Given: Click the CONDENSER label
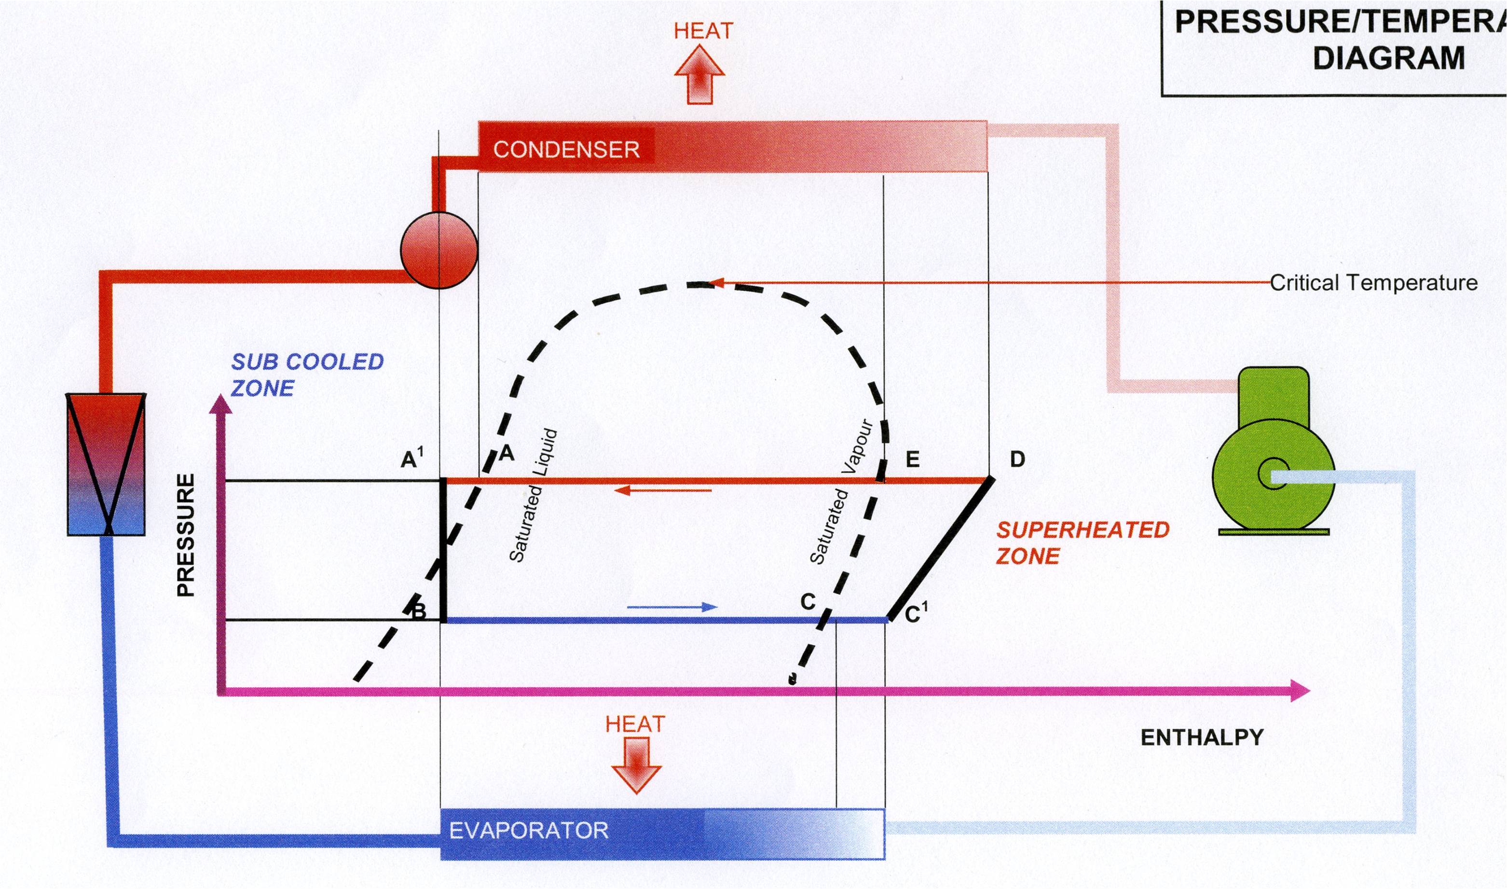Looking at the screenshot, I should pyautogui.click(x=566, y=149).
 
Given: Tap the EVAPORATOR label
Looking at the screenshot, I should pyautogui.click(x=529, y=830).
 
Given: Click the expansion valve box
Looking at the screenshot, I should pyautogui.click(x=106, y=464).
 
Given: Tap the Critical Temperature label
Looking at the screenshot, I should pyautogui.click(x=1373, y=283).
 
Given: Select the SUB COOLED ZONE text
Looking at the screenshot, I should pyautogui.click(x=306, y=375).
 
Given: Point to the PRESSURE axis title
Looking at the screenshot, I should pyautogui.click(x=186, y=534).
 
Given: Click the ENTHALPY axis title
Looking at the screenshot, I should pyautogui.click(x=1202, y=737).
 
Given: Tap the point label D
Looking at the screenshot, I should pyautogui.click(x=1017, y=459).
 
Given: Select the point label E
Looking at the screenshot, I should pyautogui.click(x=913, y=459).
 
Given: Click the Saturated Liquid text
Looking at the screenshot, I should pyautogui.click(x=533, y=496).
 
